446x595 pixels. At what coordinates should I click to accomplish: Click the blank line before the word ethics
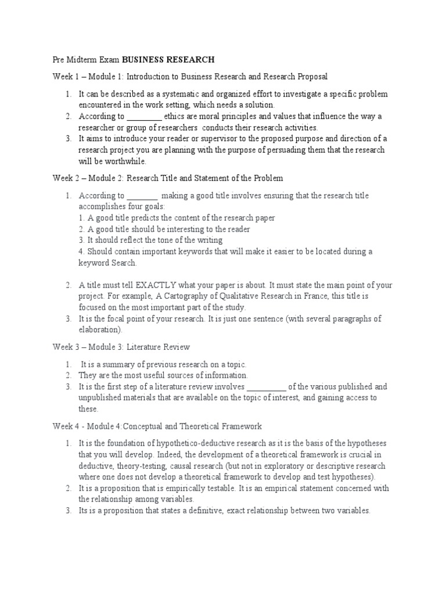point(143,117)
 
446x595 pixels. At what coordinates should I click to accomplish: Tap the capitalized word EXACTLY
point(153,285)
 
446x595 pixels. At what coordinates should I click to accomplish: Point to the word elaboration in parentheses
point(99,329)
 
